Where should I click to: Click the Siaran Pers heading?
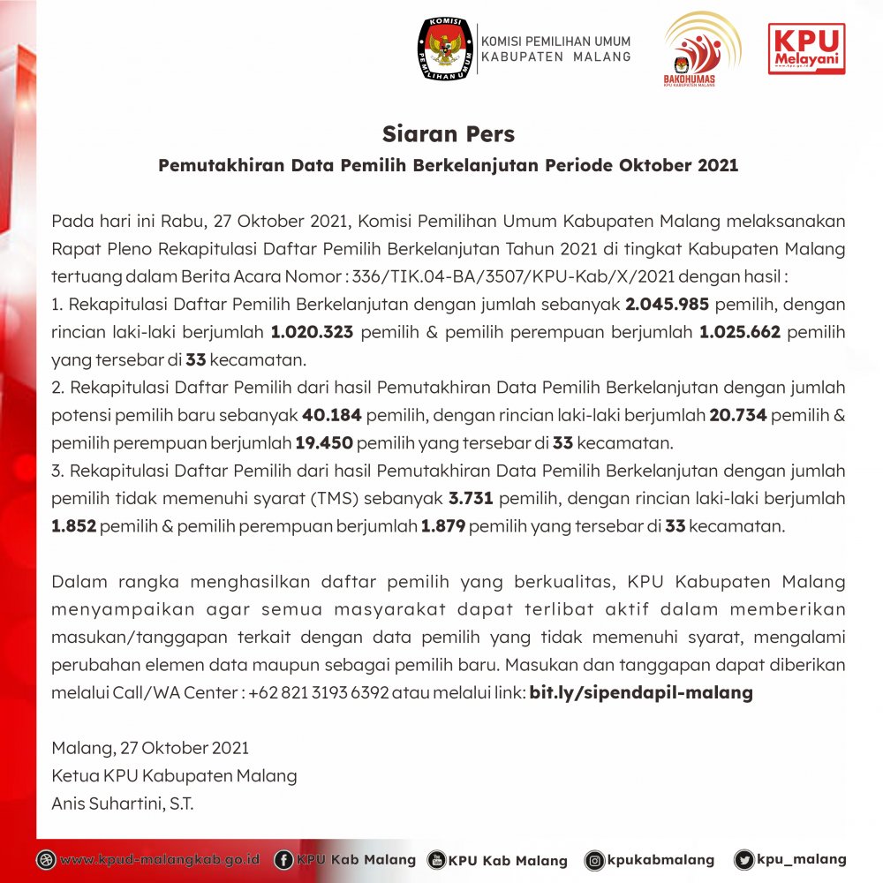(x=448, y=134)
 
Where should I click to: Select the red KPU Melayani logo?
(x=806, y=49)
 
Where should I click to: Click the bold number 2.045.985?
(x=663, y=305)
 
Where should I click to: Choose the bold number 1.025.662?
(x=739, y=333)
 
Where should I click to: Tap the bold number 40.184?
(x=332, y=415)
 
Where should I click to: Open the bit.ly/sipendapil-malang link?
(x=641, y=693)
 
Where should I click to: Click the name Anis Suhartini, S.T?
(x=123, y=804)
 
